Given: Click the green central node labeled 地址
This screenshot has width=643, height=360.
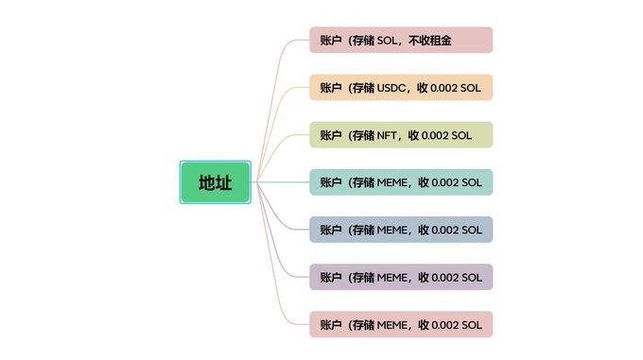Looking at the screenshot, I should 215,182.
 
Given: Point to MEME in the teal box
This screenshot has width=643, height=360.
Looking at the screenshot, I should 393,182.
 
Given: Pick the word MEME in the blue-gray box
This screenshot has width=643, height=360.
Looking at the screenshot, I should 393,230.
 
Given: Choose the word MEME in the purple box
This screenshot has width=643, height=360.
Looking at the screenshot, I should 393,277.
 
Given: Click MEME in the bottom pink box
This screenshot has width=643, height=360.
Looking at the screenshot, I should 393,324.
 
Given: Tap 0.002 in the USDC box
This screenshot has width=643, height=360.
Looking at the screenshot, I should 443,88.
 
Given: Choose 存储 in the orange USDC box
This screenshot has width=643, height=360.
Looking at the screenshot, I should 362,88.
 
